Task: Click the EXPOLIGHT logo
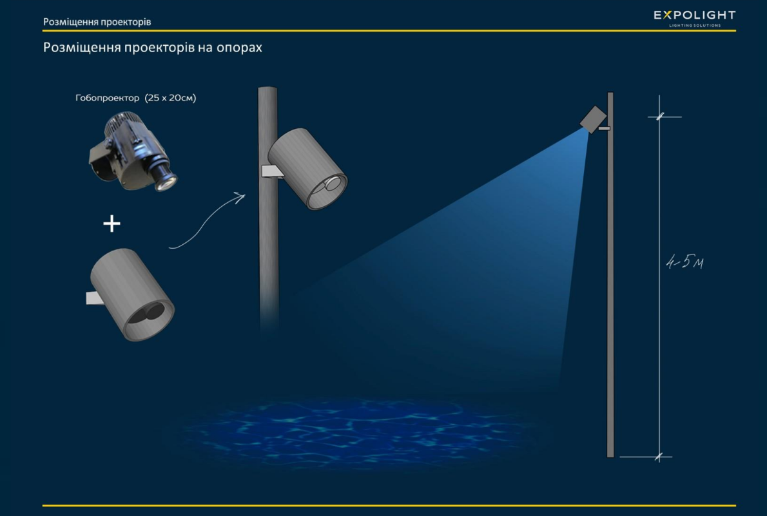tap(694, 19)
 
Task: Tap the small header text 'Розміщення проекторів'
tap(97, 21)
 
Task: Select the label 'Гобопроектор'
tap(107, 98)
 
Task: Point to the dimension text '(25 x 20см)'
tap(170, 98)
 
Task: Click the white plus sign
tap(112, 224)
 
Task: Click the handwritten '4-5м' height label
tap(684, 262)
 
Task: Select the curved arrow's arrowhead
tap(240, 196)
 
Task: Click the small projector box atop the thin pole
tap(593, 119)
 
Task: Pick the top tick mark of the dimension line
tap(660, 117)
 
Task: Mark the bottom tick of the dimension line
tap(659, 457)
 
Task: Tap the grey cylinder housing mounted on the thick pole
tap(307, 167)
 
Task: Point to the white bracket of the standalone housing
tap(95, 298)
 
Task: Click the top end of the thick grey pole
tap(267, 88)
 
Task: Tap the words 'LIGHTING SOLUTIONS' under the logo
tap(695, 25)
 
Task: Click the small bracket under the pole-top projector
tap(604, 128)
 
